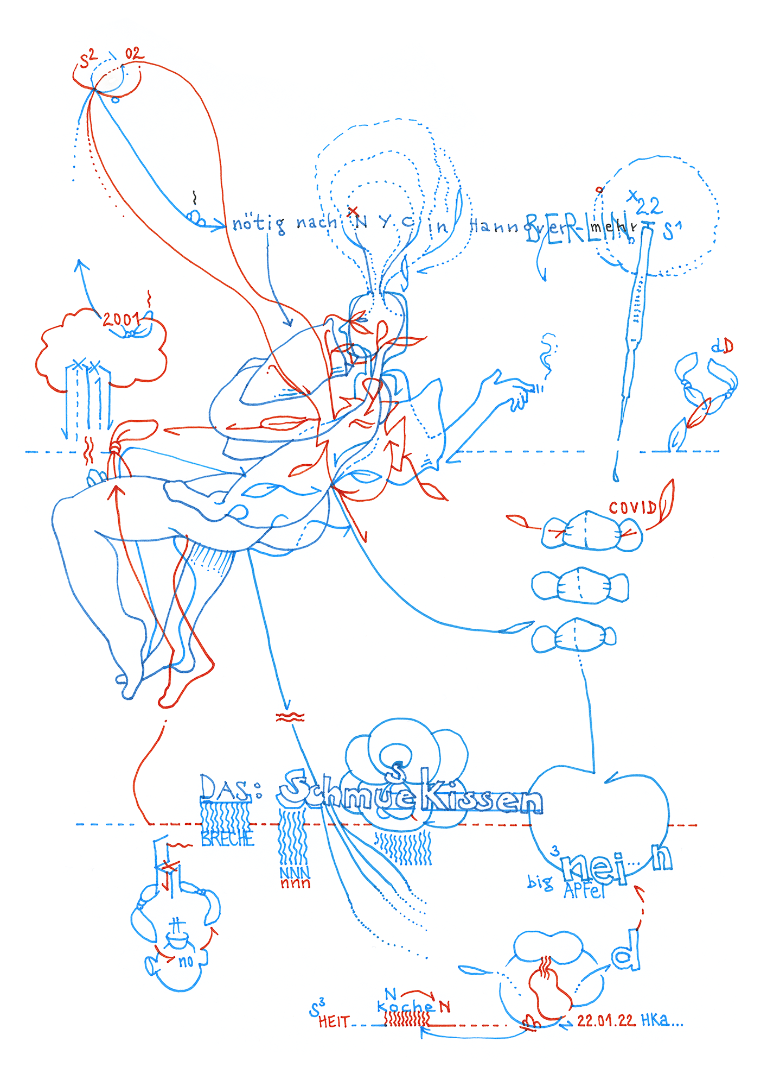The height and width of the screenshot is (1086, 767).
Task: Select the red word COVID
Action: tap(632, 508)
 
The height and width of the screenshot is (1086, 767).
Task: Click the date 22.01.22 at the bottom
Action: tap(606, 1020)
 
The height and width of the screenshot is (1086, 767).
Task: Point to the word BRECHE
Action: tap(227, 839)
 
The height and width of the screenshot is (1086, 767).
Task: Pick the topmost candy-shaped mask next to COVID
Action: tap(591, 531)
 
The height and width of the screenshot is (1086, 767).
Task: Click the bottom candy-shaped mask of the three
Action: tap(574, 636)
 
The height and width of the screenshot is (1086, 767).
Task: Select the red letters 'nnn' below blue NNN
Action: tap(295, 884)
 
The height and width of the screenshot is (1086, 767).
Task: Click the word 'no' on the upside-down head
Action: tap(186, 962)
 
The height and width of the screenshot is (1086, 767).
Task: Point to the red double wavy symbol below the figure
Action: tap(291, 717)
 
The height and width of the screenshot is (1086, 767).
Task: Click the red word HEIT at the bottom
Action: tap(334, 1022)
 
